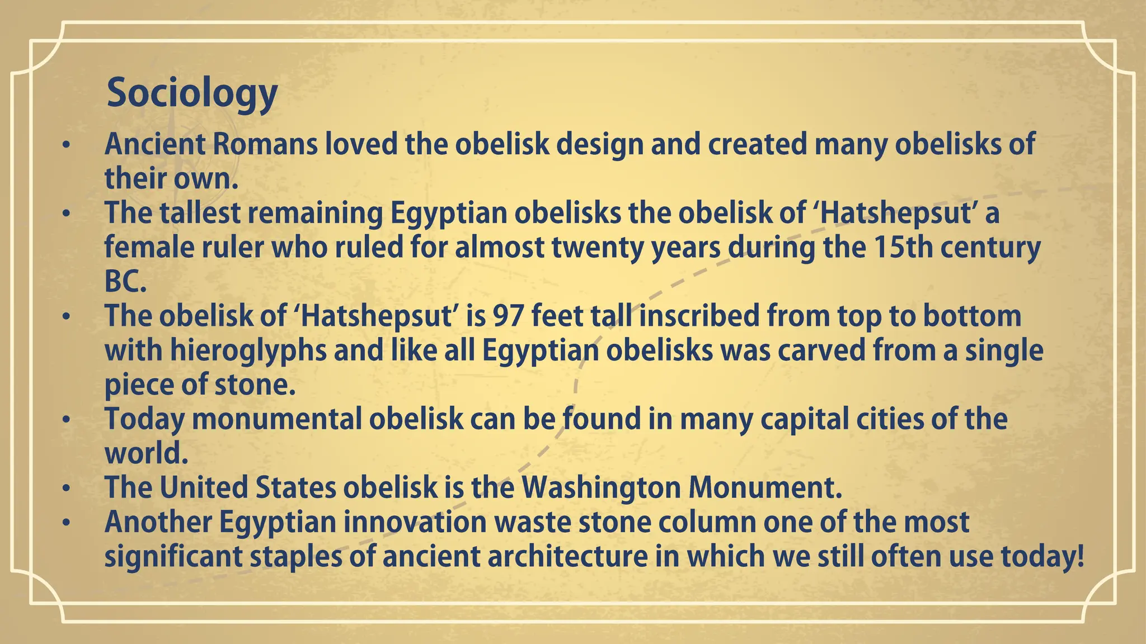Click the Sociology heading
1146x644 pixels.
(x=191, y=93)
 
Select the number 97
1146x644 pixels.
(x=508, y=316)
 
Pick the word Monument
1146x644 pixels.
(x=765, y=487)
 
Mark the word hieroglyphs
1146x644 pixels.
(x=248, y=351)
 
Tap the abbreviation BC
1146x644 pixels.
(x=125, y=282)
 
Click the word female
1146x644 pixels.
(x=147, y=247)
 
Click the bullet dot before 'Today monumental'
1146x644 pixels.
(x=67, y=420)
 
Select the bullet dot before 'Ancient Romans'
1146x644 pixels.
(x=67, y=145)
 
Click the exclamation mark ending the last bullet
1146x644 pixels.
(x=1079, y=557)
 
